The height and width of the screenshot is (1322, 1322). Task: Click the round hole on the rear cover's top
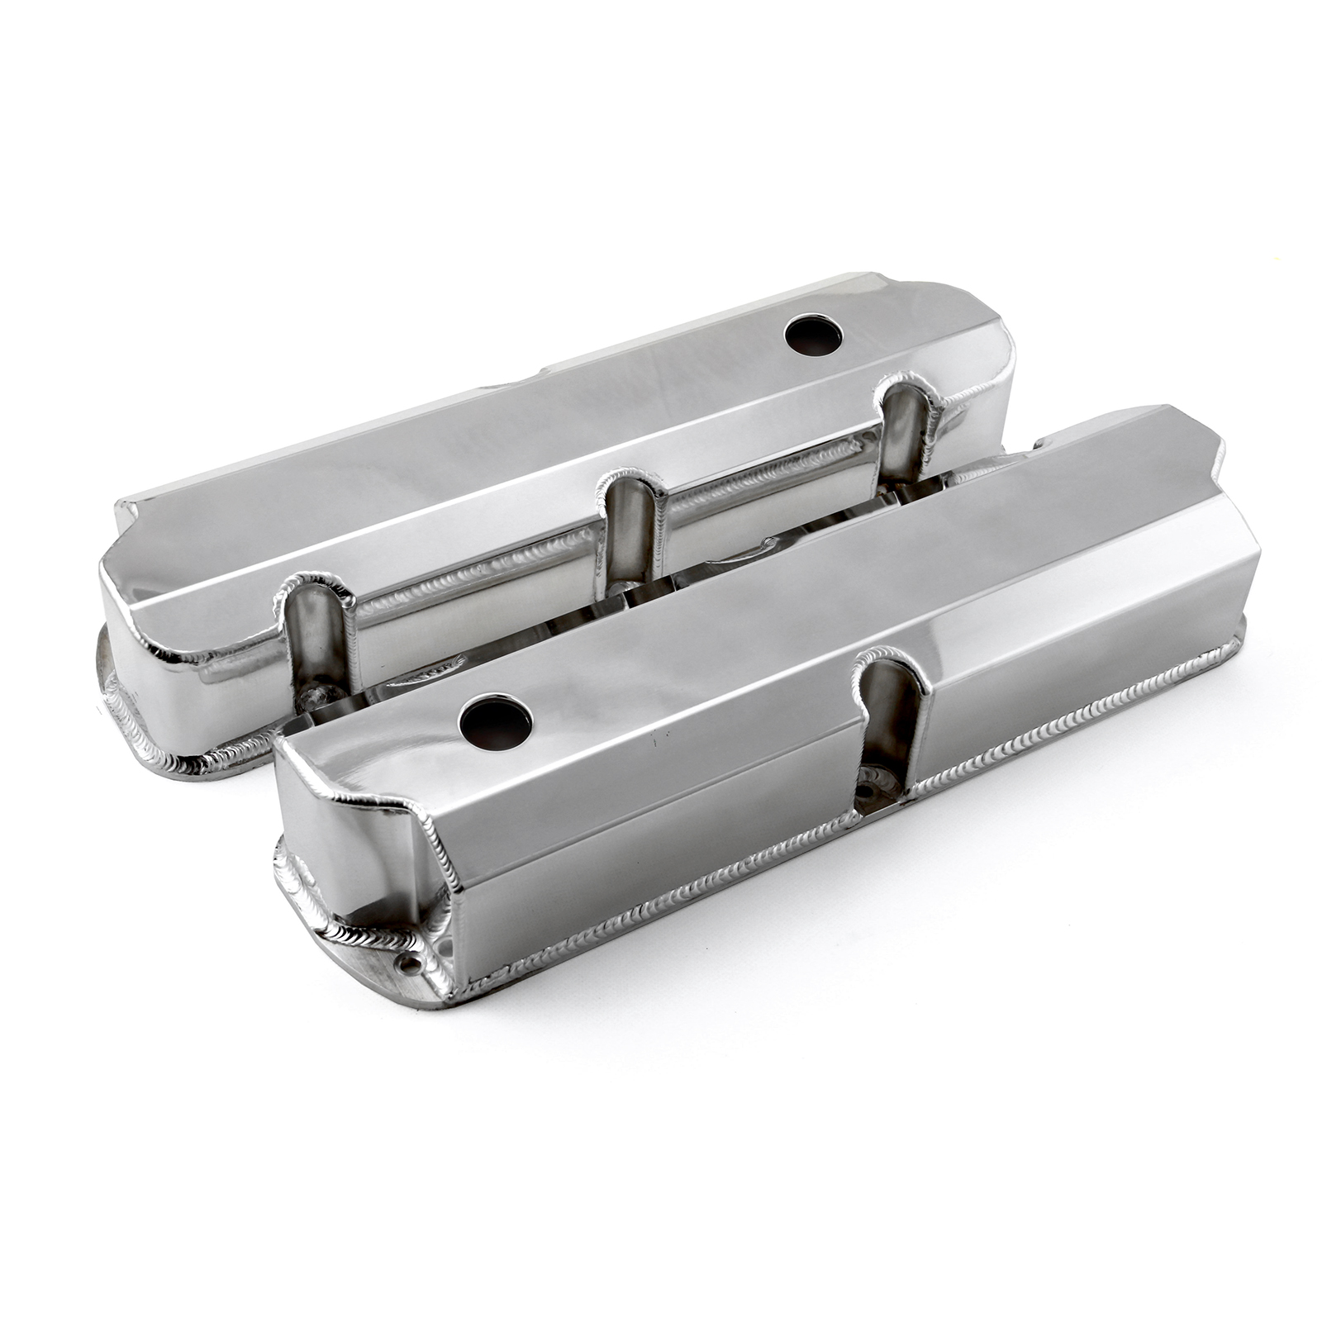point(813,335)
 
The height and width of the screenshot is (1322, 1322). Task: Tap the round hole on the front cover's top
point(496,722)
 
